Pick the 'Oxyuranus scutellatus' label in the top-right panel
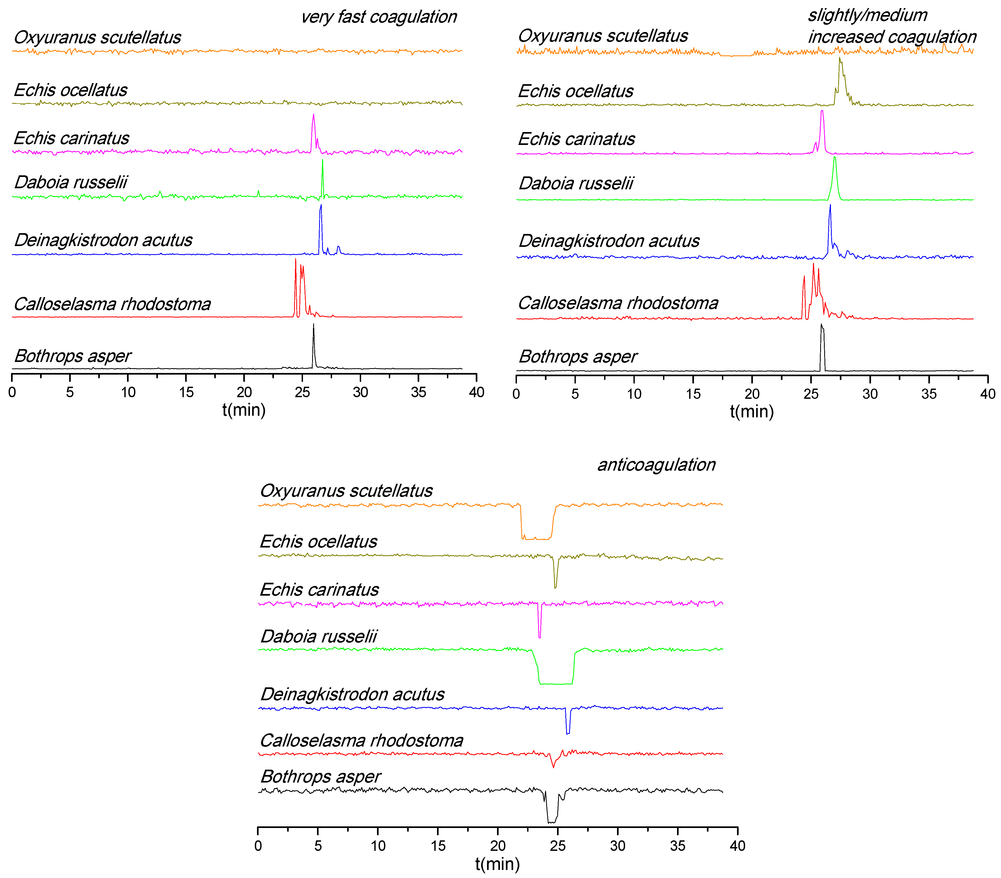[603, 36]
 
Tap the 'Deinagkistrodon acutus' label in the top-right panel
[609, 241]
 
